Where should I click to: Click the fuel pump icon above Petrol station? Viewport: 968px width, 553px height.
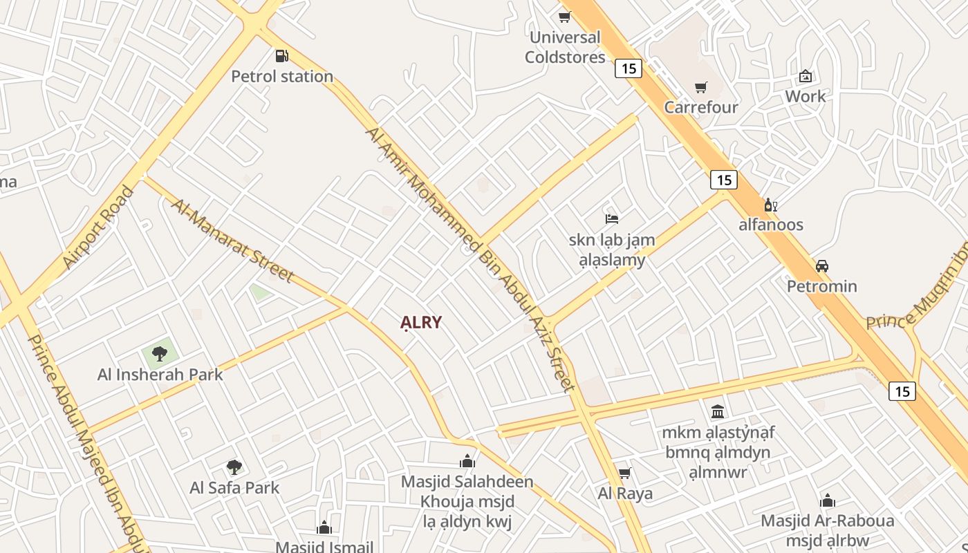tap(281, 56)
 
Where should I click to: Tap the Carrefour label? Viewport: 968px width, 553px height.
tap(701, 107)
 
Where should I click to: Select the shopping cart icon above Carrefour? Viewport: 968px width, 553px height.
tap(701, 88)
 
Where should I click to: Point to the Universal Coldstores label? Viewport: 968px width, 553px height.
tap(565, 47)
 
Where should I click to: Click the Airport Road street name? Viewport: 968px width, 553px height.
tap(97, 227)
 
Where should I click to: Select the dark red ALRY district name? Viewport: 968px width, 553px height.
tap(421, 323)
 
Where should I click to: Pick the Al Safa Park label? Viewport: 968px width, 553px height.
tap(234, 487)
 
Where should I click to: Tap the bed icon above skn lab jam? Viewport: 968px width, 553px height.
tap(612, 219)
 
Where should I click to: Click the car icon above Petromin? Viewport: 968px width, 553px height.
tap(822, 266)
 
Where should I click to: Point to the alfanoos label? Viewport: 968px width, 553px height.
tap(771, 225)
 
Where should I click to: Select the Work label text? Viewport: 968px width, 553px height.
tap(805, 96)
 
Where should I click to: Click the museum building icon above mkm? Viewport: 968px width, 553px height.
tap(718, 412)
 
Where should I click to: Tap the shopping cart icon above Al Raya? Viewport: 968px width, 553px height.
tap(625, 474)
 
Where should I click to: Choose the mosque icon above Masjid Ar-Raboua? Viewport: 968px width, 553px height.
tap(828, 500)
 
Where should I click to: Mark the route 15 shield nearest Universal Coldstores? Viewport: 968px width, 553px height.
tap(629, 68)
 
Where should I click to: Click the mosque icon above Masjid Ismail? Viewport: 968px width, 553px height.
tap(324, 528)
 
